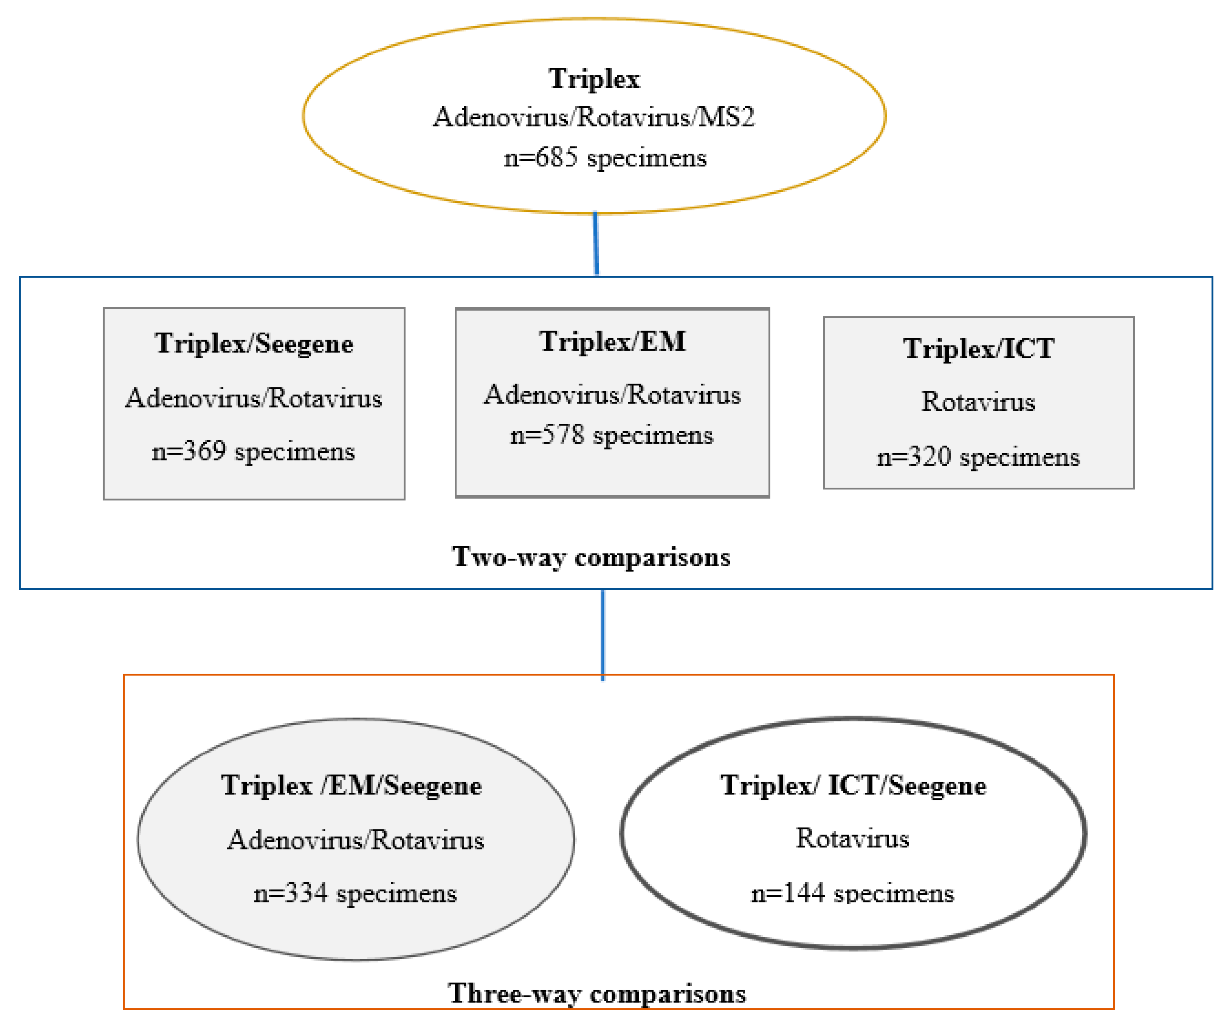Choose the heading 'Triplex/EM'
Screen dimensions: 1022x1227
coord(612,342)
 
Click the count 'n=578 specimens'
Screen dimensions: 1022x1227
coord(612,435)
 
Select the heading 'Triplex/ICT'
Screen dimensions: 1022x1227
coord(979,349)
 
